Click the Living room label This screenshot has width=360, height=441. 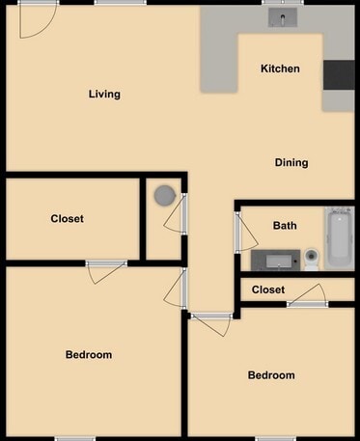(x=104, y=94)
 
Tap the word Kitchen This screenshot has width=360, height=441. (x=280, y=69)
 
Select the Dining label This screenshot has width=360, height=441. (x=291, y=162)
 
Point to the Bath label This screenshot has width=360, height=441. (x=285, y=226)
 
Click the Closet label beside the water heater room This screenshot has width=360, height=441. (x=67, y=219)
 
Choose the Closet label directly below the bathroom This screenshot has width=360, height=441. (x=268, y=289)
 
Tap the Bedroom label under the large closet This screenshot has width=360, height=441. (x=89, y=354)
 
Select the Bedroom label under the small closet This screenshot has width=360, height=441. (x=271, y=375)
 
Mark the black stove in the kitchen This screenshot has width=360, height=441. (x=338, y=74)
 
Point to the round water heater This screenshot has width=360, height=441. (x=165, y=195)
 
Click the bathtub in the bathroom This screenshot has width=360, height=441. (x=339, y=237)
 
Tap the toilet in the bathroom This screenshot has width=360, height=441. (x=312, y=259)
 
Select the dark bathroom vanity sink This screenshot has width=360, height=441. (x=276, y=260)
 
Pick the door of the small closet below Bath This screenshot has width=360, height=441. (x=308, y=296)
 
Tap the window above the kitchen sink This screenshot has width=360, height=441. (x=285, y=3)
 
